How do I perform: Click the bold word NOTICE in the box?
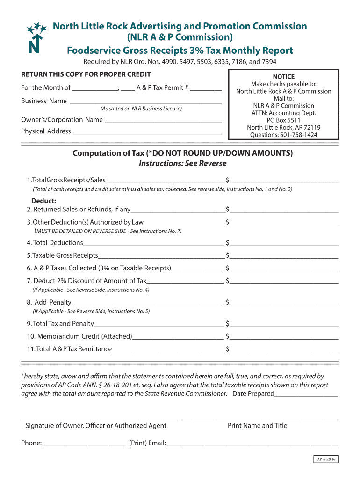click(283, 77)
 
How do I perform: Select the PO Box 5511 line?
click(283, 120)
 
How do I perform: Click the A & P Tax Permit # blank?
click(206, 87)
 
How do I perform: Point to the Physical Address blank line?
click(147, 131)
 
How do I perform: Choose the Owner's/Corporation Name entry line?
click(163, 120)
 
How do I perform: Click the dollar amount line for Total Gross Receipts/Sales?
click(284, 181)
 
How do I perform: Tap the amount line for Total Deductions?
click(284, 243)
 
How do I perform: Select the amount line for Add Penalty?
click(284, 303)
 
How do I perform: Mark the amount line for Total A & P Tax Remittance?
click(284, 349)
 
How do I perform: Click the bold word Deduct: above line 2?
click(44, 201)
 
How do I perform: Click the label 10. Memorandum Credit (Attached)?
click(79, 336)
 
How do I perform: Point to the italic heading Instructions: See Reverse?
click(182, 164)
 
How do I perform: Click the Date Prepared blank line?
click(306, 394)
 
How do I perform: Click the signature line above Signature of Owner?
click(99, 418)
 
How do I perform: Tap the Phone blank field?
click(84, 443)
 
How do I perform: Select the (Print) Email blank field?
click(252, 443)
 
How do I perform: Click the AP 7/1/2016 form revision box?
click(326, 459)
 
